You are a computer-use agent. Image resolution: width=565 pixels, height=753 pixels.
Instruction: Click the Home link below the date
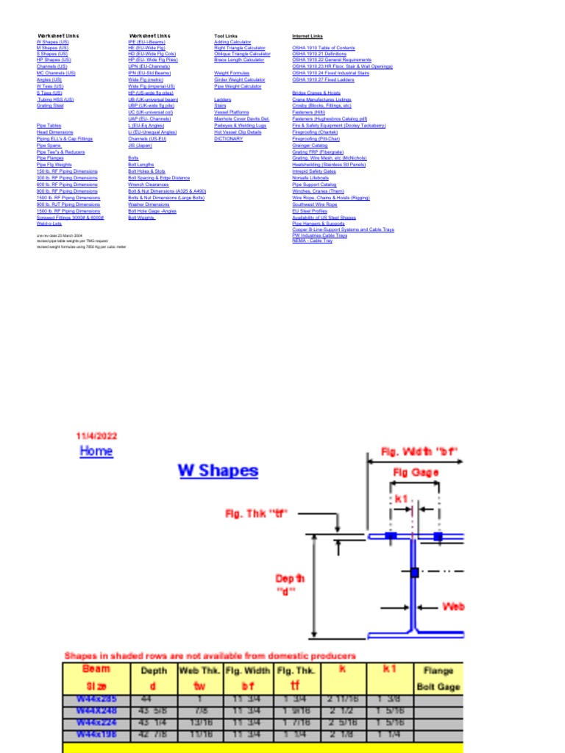[x=96, y=452]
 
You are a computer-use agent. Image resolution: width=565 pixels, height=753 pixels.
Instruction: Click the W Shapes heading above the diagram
[x=218, y=471]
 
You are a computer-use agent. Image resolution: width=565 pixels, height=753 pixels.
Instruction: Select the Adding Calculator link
[x=232, y=42]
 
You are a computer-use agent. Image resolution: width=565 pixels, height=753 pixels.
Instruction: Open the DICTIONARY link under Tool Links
[x=229, y=138]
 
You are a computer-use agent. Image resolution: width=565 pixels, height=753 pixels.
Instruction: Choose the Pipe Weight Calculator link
[x=238, y=86]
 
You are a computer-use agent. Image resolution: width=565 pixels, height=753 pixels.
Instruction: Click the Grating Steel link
[x=50, y=106]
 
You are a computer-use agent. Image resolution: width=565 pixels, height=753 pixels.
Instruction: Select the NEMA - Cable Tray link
[x=313, y=240]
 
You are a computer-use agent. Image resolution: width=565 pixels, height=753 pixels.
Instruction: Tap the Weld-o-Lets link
[x=49, y=224]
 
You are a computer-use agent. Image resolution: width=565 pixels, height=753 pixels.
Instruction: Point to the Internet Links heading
[x=308, y=36]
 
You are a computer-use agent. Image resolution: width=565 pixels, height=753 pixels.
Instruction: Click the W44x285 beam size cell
[x=96, y=699]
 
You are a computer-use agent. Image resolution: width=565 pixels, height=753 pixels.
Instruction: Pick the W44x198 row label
[x=96, y=732]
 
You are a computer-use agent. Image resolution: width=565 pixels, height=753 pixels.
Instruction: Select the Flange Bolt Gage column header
[x=438, y=678]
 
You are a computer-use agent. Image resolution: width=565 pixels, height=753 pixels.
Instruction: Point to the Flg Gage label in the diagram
[x=416, y=473]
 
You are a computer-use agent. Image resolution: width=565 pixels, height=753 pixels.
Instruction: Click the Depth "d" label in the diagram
[x=289, y=584]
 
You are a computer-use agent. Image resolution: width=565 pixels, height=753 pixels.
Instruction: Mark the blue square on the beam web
[x=415, y=571]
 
